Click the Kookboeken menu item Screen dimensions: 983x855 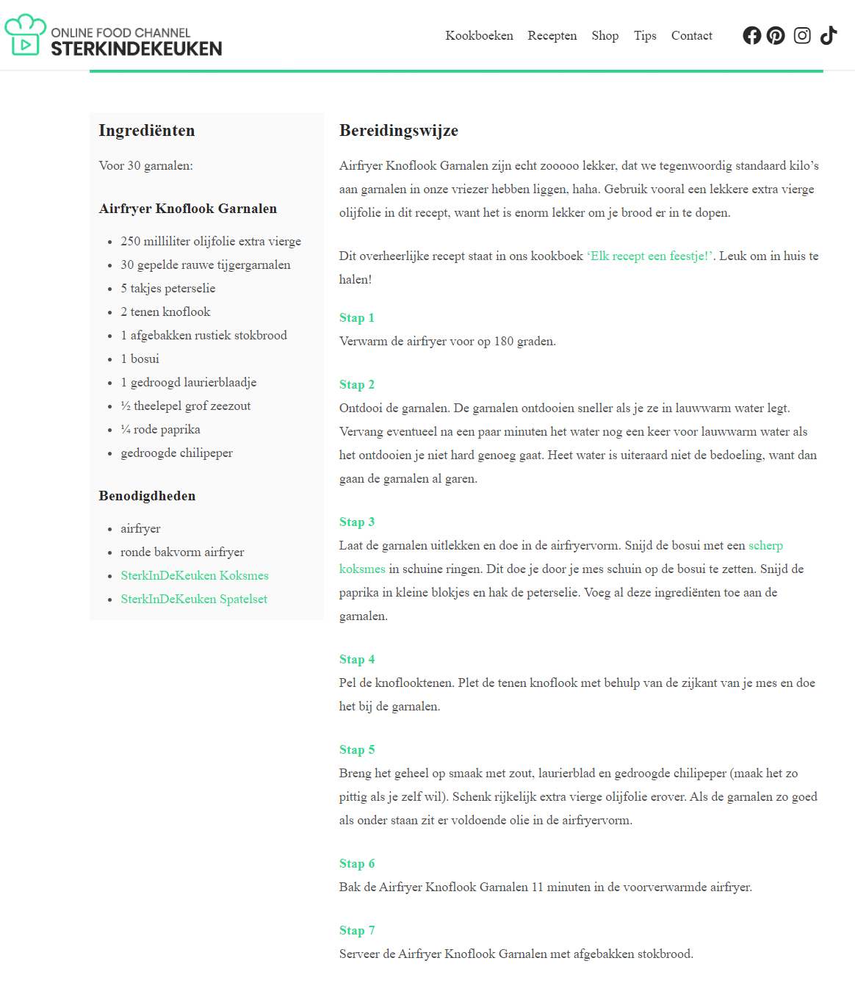tap(479, 35)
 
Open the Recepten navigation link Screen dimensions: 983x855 tap(552, 35)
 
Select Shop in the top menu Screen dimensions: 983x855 tap(605, 35)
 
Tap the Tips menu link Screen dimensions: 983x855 tap(645, 35)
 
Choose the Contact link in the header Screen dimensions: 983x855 tap(691, 35)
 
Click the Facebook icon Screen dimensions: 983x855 tap(751, 35)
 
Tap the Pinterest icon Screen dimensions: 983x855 tap(776, 35)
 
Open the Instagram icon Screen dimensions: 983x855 tap(802, 35)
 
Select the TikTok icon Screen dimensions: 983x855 tap(829, 35)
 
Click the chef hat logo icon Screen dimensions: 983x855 tap(25, 35)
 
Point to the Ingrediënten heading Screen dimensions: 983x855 tap(147, 131)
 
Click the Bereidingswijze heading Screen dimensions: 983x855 tap(398, 131)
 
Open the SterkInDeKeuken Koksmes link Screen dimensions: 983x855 tap(194, 575)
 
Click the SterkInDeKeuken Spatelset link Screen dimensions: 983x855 tap(193, 599)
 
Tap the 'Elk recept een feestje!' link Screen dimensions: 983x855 tap(649, 256)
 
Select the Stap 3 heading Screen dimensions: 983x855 tap(357, 522)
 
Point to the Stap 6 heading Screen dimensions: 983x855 tap(357, 863)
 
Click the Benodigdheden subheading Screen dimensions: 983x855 tap(147, 496)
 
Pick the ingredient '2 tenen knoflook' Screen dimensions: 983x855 tap(165, 312)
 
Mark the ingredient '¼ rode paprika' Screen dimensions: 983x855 tap(160, 429)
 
